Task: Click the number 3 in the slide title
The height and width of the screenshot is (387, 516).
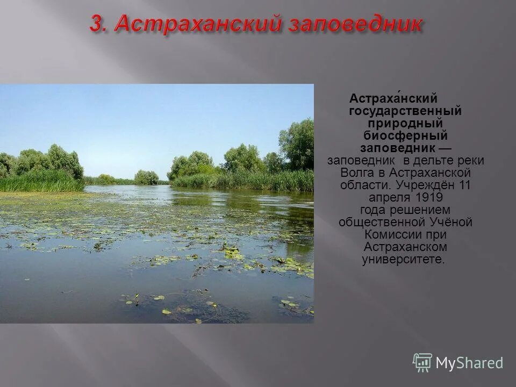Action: pos(96,24)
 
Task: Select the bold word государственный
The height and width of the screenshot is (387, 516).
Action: pos(405,111)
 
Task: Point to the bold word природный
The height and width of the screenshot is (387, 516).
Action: pos(405,124)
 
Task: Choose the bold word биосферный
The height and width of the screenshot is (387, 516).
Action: pos(405,136)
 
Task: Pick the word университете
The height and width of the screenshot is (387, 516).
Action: pos(404,259)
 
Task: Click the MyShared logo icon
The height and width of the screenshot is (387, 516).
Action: pos(422,363)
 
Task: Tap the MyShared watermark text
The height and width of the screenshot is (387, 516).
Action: pos(469,363)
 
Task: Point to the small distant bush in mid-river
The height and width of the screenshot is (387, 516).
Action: pos(146,177)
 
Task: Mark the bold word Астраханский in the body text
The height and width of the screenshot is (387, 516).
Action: pos(393,99)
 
